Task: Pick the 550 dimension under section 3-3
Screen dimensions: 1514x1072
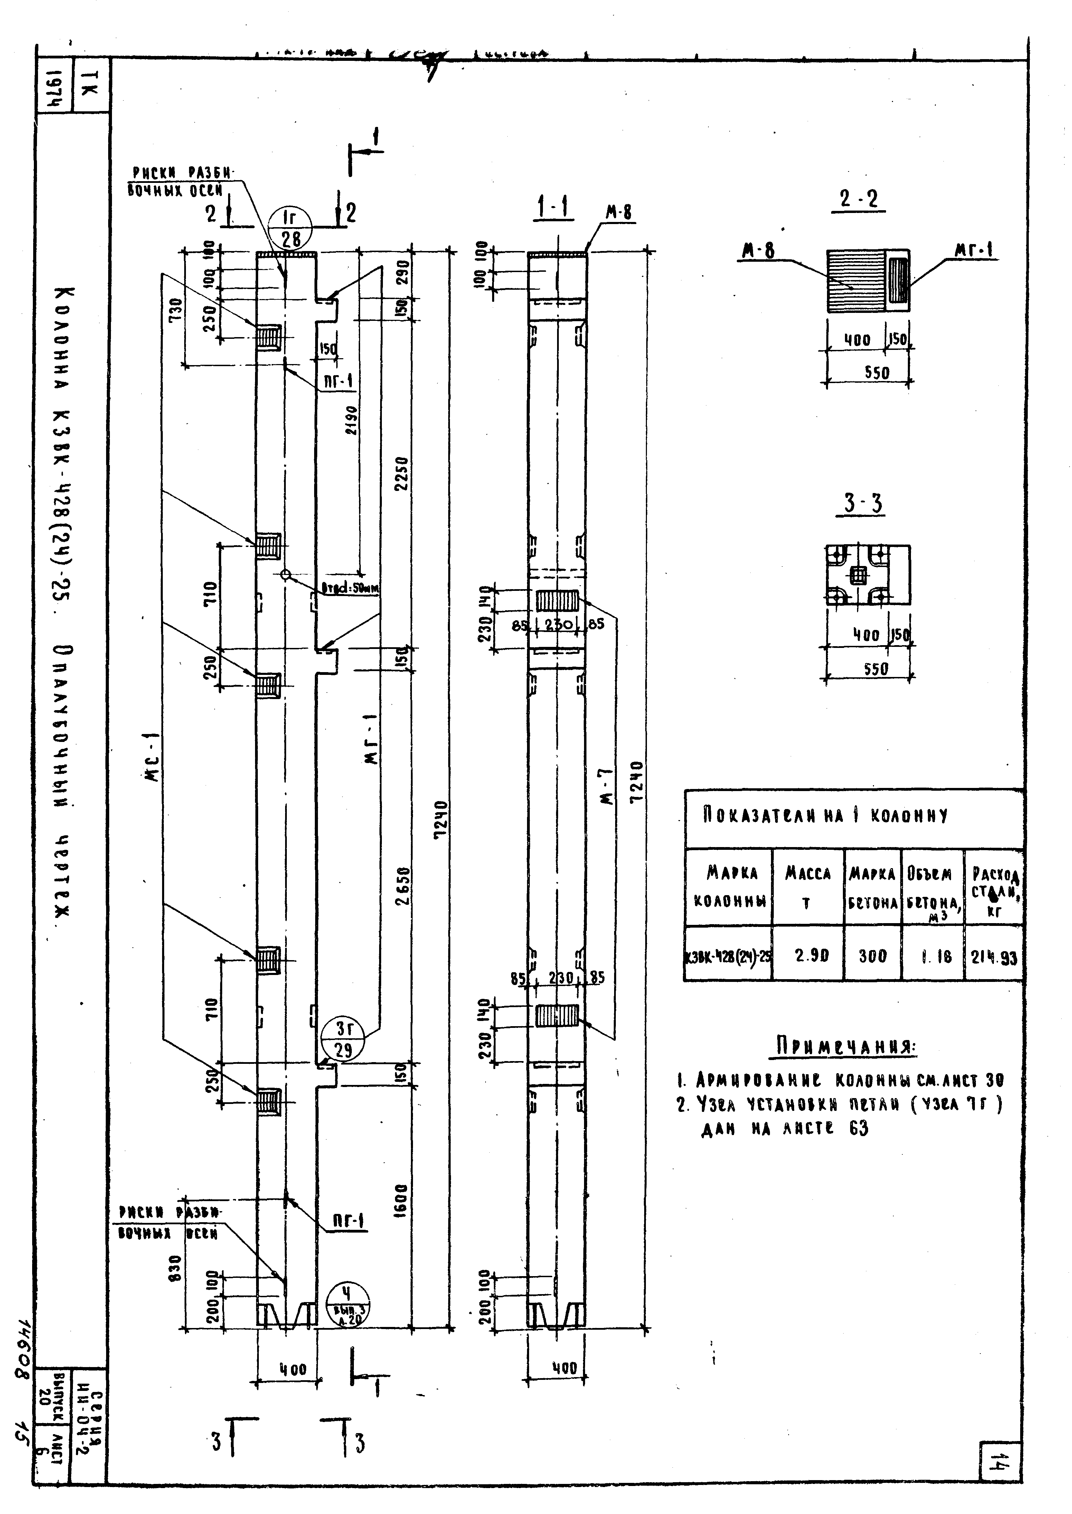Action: (876, 668)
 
